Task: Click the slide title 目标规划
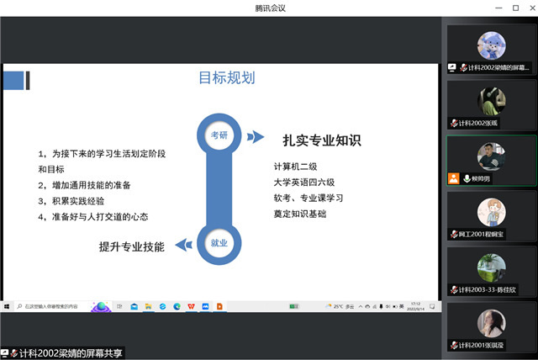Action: point(226,78)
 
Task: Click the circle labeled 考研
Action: point(219,134)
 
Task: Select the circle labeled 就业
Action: point(219,243)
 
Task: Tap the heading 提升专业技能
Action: point(132,246)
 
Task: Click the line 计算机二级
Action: point(298,166)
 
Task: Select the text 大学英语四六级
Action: point(304,182)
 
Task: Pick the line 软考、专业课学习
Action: point(309,198)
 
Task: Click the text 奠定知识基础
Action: point(299,214)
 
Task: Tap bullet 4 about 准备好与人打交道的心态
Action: point(92,216)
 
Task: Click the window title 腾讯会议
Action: point(269,8)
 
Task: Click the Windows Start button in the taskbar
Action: point(7,306)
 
